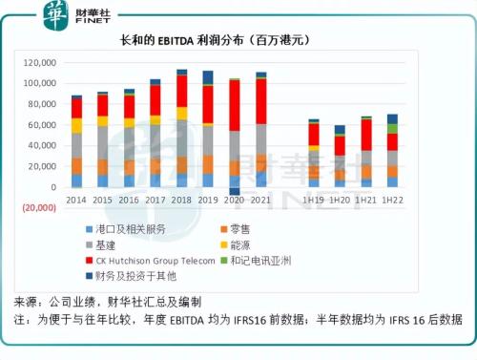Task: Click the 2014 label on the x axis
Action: pyautogui.click(x=76, y=201)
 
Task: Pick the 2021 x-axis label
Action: pyautogui.click(x=261, y=201)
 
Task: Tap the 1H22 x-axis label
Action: pyautogui.click(x=392, y=201)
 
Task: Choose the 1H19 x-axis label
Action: pyautogui.click(x=314, y=201)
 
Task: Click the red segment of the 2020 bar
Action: pyautogui.click(x=235, y=105)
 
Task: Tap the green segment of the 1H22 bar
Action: pyautogui.click(x=392, y=129)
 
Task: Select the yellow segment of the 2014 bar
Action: pyautogui.click(x=76, y=125)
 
